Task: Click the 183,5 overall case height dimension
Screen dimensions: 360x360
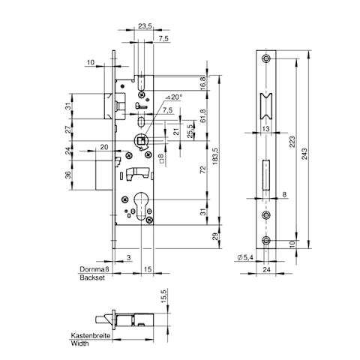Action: (215, 156)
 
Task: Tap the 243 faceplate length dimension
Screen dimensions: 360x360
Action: (304, 154)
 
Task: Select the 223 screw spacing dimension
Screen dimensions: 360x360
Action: (292, 142)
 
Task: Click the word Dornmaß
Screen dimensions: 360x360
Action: (94, 269)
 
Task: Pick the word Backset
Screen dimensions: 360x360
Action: (92, 277)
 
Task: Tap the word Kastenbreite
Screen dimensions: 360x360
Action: (91, 335)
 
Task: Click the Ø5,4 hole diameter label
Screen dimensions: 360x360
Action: (244, 257)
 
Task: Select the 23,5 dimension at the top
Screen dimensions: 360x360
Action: (145, 26)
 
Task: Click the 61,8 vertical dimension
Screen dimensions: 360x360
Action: (203, 115)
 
